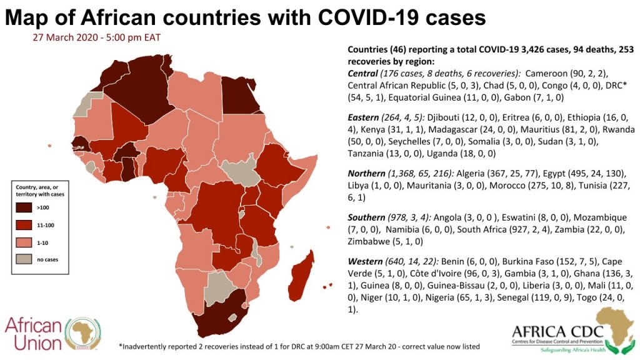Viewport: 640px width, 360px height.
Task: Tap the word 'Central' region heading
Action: point(363,73)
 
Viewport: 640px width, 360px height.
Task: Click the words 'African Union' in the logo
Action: point(34,334)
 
